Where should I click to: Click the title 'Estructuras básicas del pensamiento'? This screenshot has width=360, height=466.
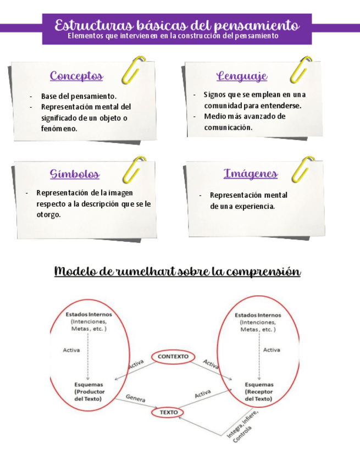[177, 25]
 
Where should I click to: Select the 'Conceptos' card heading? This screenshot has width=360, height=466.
[76, 76]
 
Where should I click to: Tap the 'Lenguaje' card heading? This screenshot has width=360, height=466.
[242, 76]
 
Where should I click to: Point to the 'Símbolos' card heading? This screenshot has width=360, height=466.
[75, 174]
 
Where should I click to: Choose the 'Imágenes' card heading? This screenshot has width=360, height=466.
[250, 174]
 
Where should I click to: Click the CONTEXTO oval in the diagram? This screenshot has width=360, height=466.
[173, 356]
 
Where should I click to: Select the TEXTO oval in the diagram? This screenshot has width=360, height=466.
[167, 412]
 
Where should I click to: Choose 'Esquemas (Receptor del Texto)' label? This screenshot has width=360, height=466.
[258, 392]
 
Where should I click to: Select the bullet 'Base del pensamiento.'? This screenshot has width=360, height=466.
[79, 97]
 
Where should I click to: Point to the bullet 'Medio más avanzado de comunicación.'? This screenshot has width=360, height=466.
[243, 121]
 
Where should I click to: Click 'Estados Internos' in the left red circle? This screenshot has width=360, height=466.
[89, 314]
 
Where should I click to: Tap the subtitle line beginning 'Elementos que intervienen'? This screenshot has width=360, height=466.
[173, 36]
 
